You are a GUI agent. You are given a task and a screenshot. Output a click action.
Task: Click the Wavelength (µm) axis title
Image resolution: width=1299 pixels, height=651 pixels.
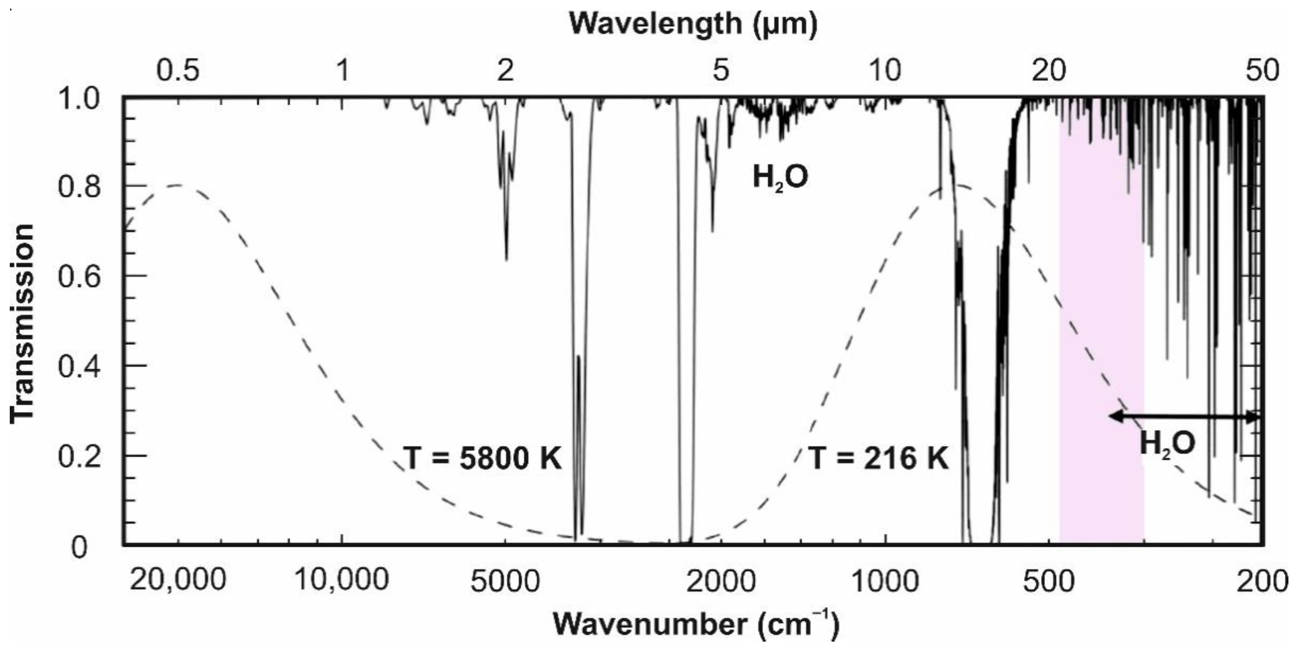(x=693, y=24)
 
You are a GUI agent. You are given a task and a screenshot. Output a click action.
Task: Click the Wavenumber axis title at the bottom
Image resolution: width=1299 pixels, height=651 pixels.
(x=696, y=624)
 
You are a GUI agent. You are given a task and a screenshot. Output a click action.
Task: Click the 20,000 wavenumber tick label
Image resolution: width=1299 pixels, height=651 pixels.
(x=177, y=580)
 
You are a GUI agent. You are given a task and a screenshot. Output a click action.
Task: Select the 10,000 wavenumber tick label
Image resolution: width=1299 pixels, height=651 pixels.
(x=342, y=580)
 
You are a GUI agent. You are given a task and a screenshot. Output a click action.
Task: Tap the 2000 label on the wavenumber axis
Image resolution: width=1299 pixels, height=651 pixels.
(x=721, y=581)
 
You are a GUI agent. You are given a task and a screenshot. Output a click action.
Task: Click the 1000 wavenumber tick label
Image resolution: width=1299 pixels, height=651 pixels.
(x=885, y=581)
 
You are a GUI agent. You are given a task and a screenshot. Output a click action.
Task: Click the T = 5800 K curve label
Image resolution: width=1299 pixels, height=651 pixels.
(x=483, y=458)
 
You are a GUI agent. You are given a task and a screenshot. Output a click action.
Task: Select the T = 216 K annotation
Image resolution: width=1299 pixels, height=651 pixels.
(x=879, y=458)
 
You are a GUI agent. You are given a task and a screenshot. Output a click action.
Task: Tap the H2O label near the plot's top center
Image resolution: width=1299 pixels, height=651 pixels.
(x=780, y=177)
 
